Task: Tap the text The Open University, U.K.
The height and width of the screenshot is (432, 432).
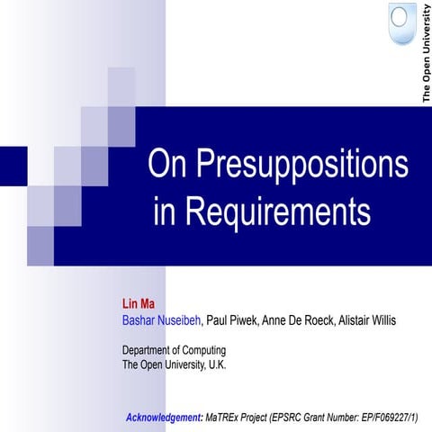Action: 174,364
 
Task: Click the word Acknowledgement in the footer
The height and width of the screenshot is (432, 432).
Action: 163,418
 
